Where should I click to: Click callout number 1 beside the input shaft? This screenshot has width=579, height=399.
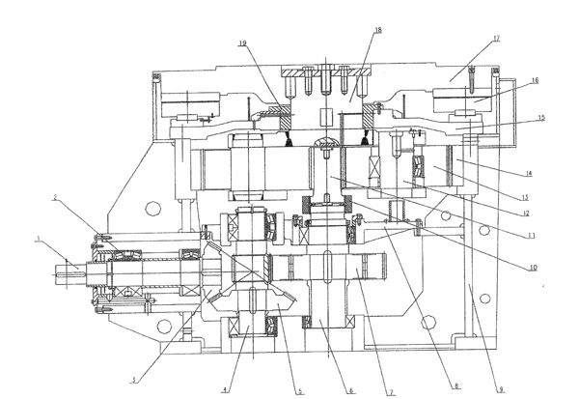(38, 238)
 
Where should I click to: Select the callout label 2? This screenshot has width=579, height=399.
(56, 197)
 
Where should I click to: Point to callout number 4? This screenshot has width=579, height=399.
(224, 390)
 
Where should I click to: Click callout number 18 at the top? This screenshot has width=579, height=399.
(376, 31)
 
